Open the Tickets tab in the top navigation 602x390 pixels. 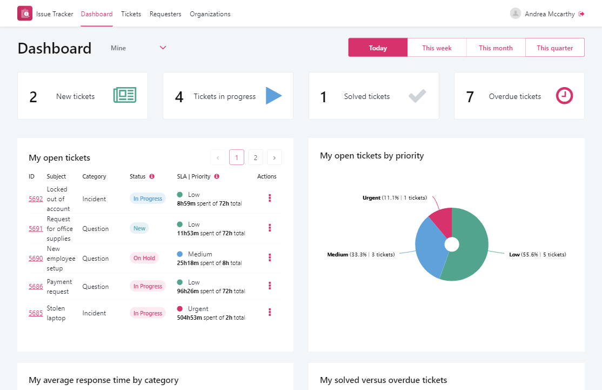pos(131,14)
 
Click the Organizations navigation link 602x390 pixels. pos(210,14)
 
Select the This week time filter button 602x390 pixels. pos(437,48)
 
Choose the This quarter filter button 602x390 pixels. pos(554,48)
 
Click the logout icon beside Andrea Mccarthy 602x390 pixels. pos(581,14)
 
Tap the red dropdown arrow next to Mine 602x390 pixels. pos(163,48)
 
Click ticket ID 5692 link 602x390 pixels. pos(36,199)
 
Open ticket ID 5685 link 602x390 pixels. pos(36,313)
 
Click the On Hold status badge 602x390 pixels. pos(144,258)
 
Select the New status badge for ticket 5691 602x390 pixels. pos(139,228)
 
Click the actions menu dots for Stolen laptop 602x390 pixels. pos(270,312)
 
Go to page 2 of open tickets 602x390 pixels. pos(255,157)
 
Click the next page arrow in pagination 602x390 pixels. pos(275,157)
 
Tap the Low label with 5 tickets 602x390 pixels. pos(537,254)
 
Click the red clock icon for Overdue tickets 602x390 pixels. pos(564,96)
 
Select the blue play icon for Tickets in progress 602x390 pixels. pos(273,96)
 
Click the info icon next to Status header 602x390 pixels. pos(152,176)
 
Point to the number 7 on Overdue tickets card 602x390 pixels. pos(470,97)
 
